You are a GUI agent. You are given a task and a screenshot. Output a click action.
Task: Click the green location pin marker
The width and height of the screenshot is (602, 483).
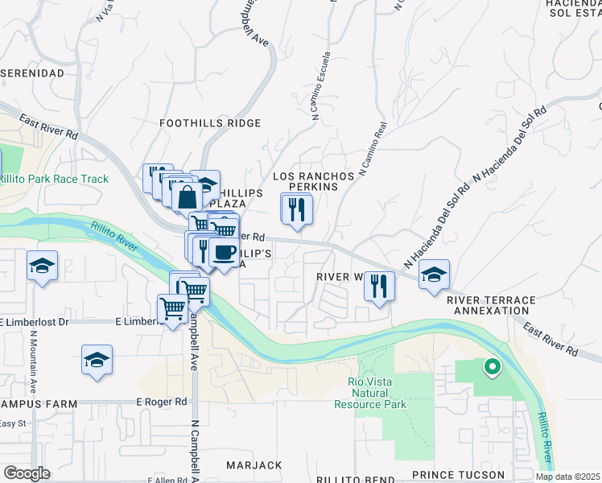491,368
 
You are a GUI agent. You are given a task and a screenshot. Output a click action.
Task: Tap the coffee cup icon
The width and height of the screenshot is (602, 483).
223,254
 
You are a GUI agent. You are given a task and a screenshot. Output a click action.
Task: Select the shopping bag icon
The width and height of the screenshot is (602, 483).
187,196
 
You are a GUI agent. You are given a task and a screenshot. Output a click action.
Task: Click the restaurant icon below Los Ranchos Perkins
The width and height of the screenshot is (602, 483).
296,209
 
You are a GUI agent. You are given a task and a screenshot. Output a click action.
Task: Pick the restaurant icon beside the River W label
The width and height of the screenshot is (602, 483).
378,286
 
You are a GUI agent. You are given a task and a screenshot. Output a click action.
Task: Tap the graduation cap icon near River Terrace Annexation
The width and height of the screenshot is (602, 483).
434,275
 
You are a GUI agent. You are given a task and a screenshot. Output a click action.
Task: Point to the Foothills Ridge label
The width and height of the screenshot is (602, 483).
210,123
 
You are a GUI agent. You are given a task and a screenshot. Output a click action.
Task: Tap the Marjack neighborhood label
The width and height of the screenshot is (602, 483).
254,465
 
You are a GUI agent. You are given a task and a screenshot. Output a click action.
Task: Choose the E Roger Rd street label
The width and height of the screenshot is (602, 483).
161,401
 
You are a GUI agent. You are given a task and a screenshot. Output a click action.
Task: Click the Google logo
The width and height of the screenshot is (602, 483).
27,473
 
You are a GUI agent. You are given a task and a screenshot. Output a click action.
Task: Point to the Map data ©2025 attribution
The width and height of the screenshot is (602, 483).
567,477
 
